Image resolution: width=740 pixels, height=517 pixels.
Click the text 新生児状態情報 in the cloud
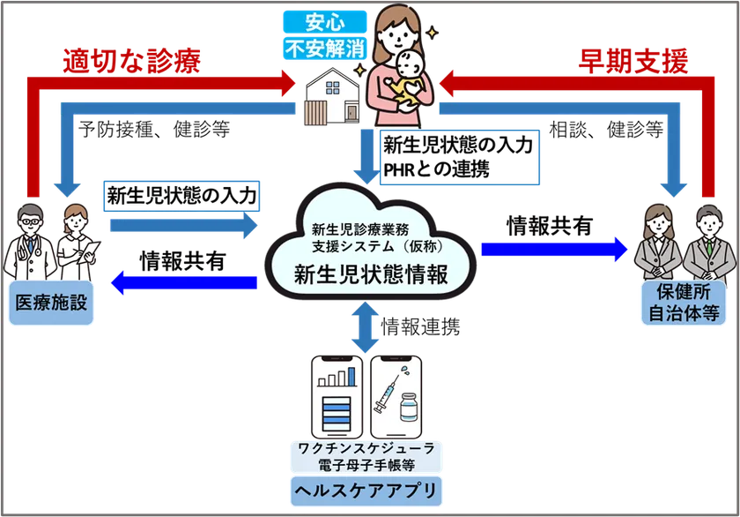370,274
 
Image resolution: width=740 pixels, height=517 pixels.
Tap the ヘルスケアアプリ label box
369,488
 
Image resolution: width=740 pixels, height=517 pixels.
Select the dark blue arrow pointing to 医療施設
184,282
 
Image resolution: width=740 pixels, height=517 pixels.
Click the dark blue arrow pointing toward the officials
555,250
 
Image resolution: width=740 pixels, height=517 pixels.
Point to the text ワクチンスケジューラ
369,449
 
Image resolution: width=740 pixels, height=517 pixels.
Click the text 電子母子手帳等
369,463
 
